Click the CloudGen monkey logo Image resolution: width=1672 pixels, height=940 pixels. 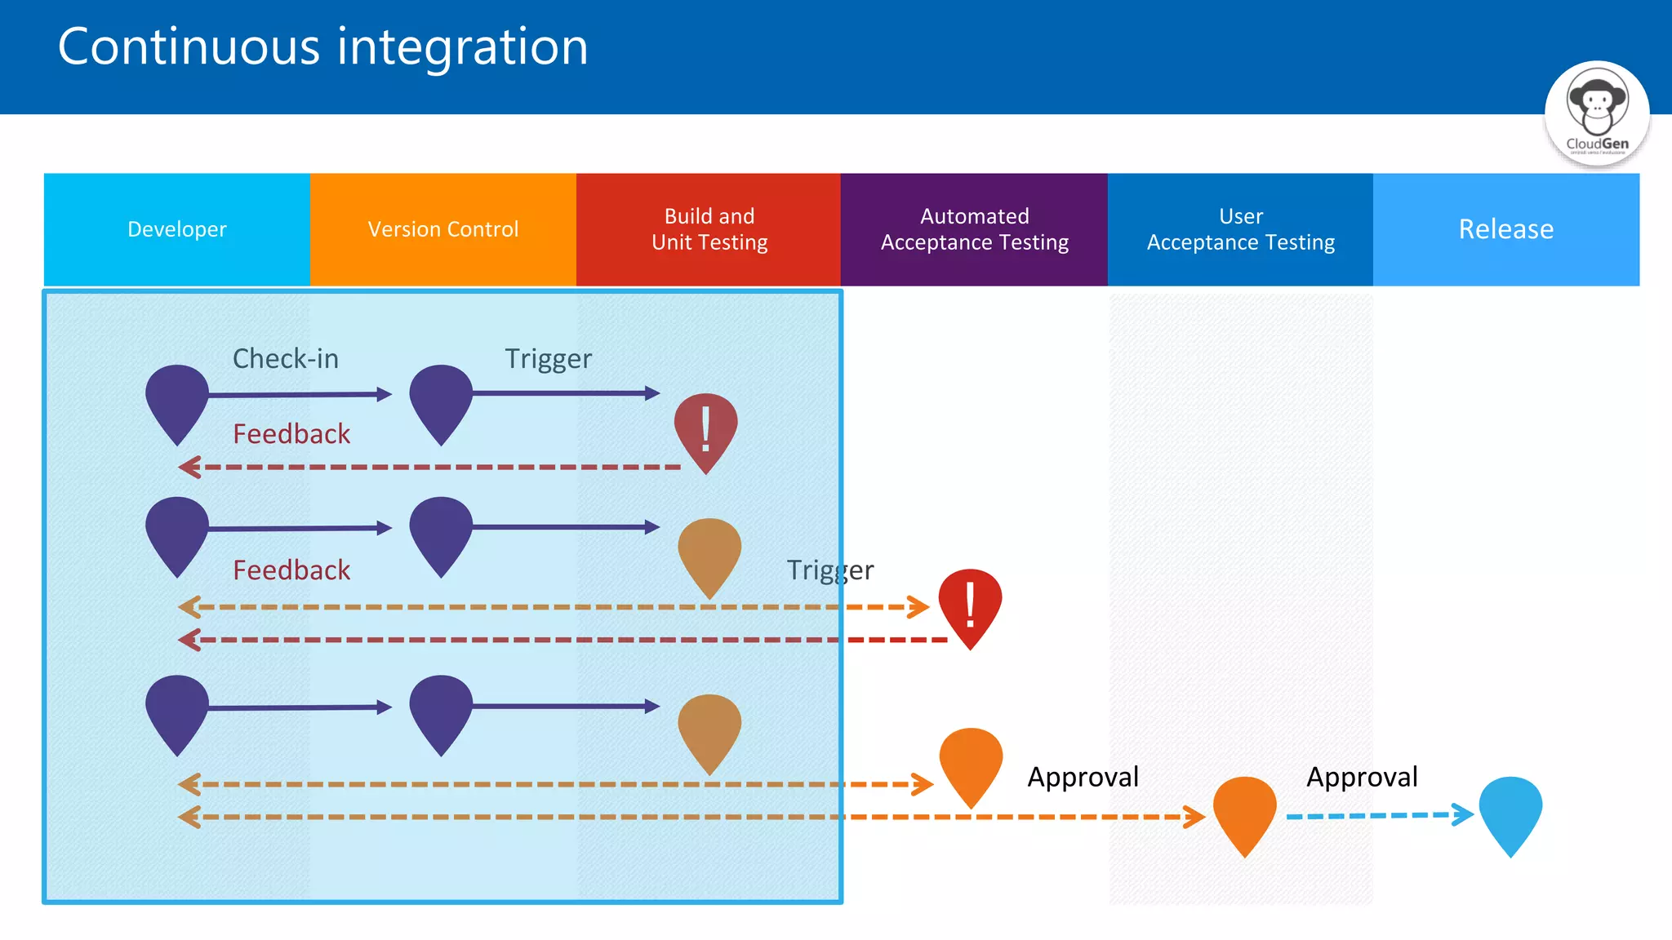tap(1596, 113)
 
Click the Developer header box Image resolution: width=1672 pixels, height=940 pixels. tap(177, 229)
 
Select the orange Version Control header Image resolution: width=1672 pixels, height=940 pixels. tap(442, 229)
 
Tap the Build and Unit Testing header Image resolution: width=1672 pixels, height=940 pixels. tap(709, 229)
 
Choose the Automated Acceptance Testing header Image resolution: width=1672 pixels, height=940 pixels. tap(974, 229)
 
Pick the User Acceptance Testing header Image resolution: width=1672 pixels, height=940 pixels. tap(1240, 229)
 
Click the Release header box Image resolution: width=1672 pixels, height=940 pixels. tap(1505, 229)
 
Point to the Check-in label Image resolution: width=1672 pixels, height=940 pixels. tap(286, 359)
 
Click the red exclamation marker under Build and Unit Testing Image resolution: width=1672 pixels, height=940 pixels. tap(705, 429)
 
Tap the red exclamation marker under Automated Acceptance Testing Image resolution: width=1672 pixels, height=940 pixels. tap(970, 605)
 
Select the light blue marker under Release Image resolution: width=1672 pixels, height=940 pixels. tap(1510, 812)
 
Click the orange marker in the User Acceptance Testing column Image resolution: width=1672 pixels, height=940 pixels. tap(1244, 812)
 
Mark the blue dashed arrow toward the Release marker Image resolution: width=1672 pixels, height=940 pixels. tap(1380, 814)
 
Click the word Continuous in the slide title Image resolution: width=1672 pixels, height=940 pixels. tap(189, 47)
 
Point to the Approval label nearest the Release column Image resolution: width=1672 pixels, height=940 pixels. tap(1362, 777)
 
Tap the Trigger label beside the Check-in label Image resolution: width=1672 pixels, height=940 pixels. tap(548, 359)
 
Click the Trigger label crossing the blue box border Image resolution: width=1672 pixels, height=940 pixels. tap(829, 570)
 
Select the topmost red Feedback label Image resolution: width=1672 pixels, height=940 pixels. tap(291, 434)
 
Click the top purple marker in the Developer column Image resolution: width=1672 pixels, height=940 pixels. tap(177, 401)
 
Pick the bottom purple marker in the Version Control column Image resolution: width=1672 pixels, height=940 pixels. tap(441, 711)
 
